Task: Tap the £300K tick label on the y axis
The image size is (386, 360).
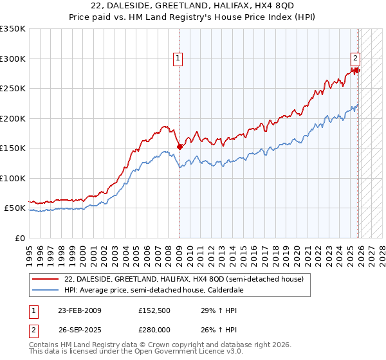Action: [13, 59]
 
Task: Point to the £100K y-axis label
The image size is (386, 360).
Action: [13, 178]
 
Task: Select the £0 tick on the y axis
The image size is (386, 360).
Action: [19, 238]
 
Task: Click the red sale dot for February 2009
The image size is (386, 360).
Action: [179, 147]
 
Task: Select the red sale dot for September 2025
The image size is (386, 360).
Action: [357, 71]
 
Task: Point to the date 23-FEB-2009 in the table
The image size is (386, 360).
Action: [79, 310]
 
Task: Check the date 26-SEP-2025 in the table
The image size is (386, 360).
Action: [79, 330]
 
